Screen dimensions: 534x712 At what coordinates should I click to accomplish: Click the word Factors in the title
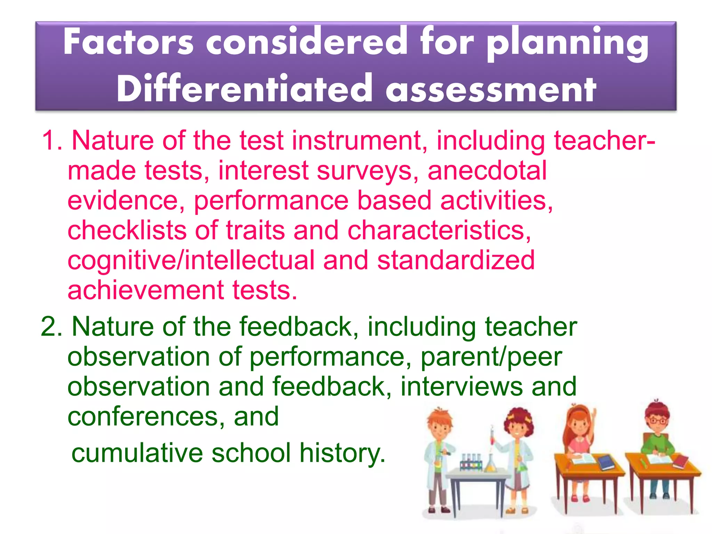click(128, 42)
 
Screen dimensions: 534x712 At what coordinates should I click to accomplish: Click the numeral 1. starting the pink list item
click(52, 140)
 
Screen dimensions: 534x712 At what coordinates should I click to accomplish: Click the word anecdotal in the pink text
click(487, 171)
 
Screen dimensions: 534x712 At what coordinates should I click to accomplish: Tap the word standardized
click(456, 260)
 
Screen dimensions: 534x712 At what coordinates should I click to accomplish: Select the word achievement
click(146, 290)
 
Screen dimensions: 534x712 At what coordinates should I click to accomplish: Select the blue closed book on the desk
click(607, 462)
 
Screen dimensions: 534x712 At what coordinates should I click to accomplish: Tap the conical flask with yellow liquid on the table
click(490, 464)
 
